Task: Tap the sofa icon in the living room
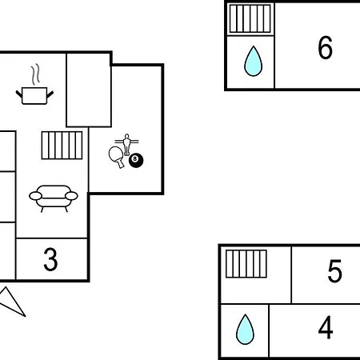[54, 198]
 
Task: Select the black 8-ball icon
[136, 160]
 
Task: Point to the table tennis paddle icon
[117, 156]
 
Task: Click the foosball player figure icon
[126, 144]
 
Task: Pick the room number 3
[50, 259]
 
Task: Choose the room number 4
[326, 327]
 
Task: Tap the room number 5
[334, 270]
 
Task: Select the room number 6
[326, 47]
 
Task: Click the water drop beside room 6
[254, 62]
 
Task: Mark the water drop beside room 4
[245, 330]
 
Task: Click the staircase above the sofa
[62, 146]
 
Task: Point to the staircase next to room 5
[246, 264]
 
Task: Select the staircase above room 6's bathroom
[250, 18]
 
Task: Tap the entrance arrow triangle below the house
[13, 302]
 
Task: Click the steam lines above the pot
[35, 74]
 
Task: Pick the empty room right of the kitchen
[89, 90]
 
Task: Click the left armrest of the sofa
[35, 196]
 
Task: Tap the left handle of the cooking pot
[19, 94]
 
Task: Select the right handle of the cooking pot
[50, 94]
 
